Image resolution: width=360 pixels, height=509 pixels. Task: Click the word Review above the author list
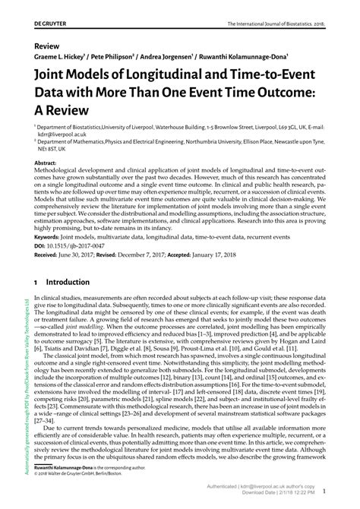pos(46,46)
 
